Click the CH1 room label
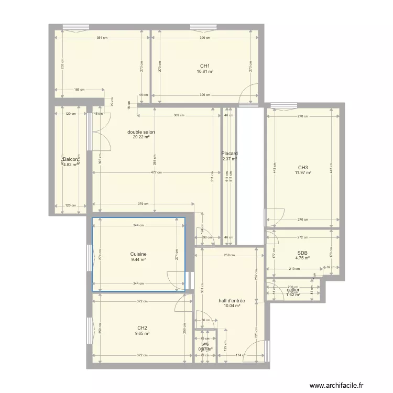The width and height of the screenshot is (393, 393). [x=205, y=65]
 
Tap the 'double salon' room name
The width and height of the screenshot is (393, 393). [x=141, y=132]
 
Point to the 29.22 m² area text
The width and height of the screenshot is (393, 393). [x=141, y=137]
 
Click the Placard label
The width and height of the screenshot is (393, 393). [x=230, y=154]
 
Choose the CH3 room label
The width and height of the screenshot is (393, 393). [x=303, y=168]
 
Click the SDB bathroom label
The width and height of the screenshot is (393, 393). [x=303, y=253]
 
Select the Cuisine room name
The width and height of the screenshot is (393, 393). [x=138, y=254]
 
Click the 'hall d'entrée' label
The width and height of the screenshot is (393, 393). [x=232, y=301]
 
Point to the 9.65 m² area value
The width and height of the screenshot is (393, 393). [x=142, y=333]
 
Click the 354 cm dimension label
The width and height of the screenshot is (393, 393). [x=102, y=38]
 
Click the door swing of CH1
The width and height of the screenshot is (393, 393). [x=248, y=94]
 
